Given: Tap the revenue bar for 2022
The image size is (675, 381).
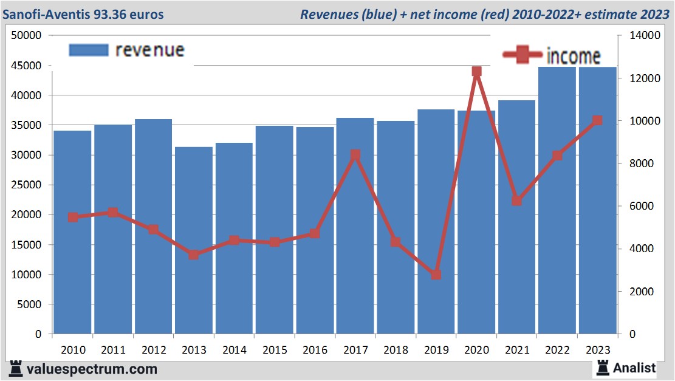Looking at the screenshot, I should [x=557, y=201].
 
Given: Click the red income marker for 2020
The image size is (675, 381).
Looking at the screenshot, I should [x=476, y=72].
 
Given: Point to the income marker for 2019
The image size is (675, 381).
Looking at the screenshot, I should [x=436, y=275].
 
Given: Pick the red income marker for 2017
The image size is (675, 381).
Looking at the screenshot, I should [x=355, y=155].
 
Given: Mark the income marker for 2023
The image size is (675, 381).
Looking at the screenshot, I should [x=597, y=120].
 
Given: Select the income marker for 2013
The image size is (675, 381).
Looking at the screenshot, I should [x=194, y=255].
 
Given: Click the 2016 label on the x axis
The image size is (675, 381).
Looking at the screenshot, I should [x=315, y=350].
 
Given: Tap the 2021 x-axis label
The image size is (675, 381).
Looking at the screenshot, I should [x=516, y=350].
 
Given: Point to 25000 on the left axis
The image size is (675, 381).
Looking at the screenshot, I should [x=27, y=185].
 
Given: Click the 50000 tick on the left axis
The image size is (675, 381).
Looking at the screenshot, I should [x=27, y=35].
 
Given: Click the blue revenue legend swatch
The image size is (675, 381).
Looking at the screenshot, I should [x=88, y=50].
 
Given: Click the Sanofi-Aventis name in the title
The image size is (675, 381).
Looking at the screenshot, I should [x=53, y=14].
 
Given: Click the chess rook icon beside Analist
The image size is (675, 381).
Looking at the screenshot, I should [x=603, y=367].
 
